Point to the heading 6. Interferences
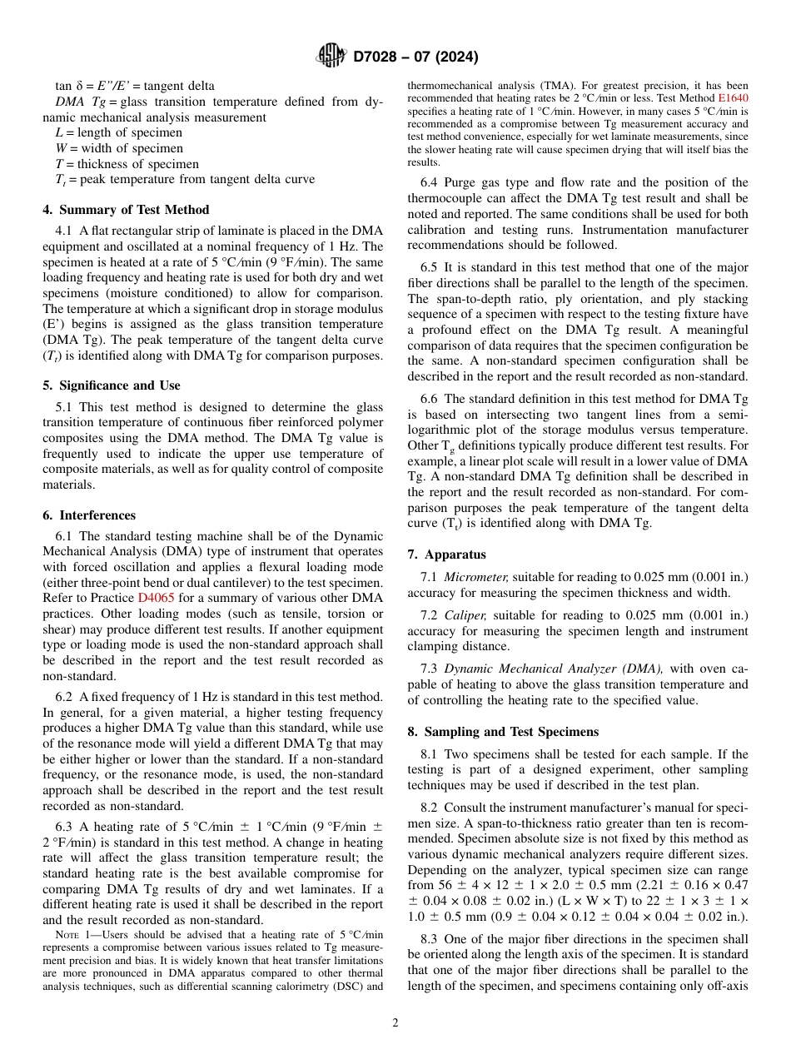click(89, 515)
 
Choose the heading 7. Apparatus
click(447, 554)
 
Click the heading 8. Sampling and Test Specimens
click(503, 732)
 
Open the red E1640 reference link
click(733, 97)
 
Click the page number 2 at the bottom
click(395, 1023)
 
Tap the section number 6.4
click(430, 182)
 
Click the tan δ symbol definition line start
click(63, 86)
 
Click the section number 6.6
click(430, 399)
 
